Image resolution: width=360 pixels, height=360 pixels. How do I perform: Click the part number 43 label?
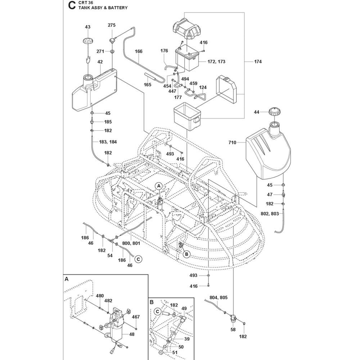[x=88, y=27]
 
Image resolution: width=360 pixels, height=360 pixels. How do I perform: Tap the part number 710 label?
[x=232, y=143]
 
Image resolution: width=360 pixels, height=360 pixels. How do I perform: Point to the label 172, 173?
[x=216, y=62]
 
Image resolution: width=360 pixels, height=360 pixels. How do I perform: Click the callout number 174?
[x=257, y=62]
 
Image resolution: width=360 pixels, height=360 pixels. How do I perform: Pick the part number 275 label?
[x=112, y=25]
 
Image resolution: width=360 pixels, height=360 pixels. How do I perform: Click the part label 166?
[x=139, y=51]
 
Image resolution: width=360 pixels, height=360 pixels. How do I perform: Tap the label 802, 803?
[x=269, y=213]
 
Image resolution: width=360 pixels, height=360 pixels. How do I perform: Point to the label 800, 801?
[x=131, y=243]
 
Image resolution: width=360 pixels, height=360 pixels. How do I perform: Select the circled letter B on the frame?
[x=186, y=254]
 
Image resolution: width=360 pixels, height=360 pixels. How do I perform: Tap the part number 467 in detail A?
[x=136, y=317]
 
